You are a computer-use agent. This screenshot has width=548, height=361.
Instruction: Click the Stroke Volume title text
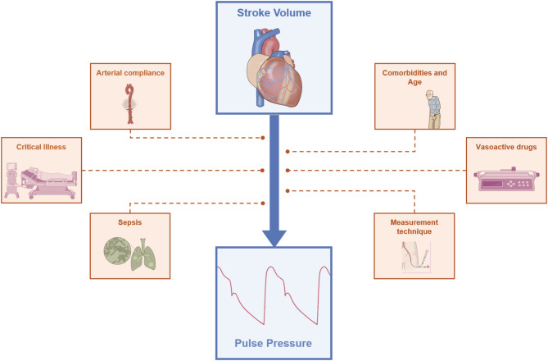(273, 14)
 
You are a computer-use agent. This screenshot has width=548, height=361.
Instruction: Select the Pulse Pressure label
(274, 340)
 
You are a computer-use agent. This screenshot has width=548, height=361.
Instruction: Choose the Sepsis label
(130, 222)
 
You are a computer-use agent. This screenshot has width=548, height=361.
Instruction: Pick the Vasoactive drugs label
(506, 146)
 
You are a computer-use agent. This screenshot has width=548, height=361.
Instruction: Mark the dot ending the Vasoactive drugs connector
(288, 171)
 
